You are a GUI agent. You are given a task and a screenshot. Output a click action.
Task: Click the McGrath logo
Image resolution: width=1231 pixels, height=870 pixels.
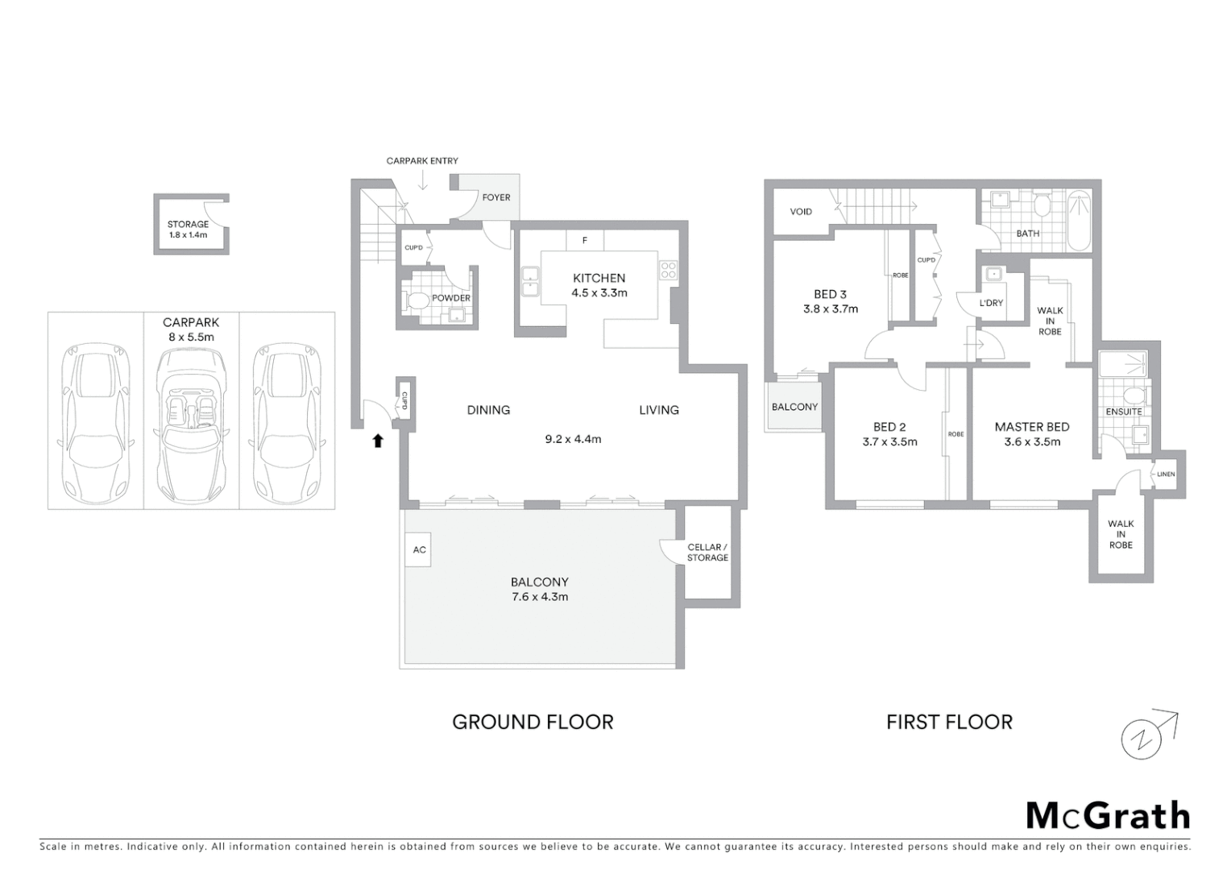pos(1108,816)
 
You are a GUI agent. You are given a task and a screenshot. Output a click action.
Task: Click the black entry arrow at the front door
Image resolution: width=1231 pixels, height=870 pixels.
pos(377,440)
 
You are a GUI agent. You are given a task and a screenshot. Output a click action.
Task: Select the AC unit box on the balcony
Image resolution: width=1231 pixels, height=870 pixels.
pos(419,550)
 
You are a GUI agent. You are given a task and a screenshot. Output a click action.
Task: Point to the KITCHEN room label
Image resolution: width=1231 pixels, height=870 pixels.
pos(599,278)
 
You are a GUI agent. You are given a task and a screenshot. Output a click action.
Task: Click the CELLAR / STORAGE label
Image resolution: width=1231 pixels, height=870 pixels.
pos(707,553)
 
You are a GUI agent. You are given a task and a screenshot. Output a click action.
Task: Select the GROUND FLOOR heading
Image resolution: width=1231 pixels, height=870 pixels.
pos(533,722)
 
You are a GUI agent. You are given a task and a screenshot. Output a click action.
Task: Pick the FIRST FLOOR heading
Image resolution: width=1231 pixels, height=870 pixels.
pos(949,722)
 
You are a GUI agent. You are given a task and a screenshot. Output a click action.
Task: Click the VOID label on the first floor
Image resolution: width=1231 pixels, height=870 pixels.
pos(801,212)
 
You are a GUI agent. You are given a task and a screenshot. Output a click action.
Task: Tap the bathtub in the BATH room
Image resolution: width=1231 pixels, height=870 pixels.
pos(1079,220)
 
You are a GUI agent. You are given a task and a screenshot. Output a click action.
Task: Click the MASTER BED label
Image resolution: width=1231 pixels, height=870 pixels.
pos(1032,427)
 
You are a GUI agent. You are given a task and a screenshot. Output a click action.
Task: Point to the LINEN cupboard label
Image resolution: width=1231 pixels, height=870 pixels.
pos(1166,474)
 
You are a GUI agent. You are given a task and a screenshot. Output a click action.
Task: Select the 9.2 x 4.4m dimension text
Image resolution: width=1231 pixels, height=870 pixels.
pos(573,439)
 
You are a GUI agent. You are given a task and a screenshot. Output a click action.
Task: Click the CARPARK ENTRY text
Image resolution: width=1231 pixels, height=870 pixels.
pos(422,161)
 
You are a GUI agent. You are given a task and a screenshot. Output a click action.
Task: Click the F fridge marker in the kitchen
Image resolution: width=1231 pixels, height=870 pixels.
pos(585,240)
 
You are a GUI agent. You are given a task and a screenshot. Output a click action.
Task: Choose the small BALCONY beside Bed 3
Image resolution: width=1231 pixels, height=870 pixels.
pos(794,407)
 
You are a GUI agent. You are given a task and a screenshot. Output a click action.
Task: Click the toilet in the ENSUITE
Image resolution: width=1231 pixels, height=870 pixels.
pos(1134,396)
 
